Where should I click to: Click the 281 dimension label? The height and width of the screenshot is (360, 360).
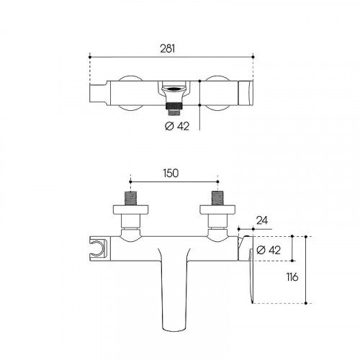[168, 49]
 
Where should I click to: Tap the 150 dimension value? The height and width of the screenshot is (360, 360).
[171, 173]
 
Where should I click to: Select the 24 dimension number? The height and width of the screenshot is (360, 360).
[262, 220]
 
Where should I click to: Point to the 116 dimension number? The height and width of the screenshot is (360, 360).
[292, 277]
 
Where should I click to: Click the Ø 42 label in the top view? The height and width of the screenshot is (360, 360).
[177, 126]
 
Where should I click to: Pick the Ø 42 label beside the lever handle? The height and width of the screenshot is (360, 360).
[269, 250]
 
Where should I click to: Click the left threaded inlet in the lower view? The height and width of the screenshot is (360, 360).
[130, 198]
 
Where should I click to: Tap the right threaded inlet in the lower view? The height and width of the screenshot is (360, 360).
[217, 198]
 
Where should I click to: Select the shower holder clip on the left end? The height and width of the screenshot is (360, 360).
[98, 248]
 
